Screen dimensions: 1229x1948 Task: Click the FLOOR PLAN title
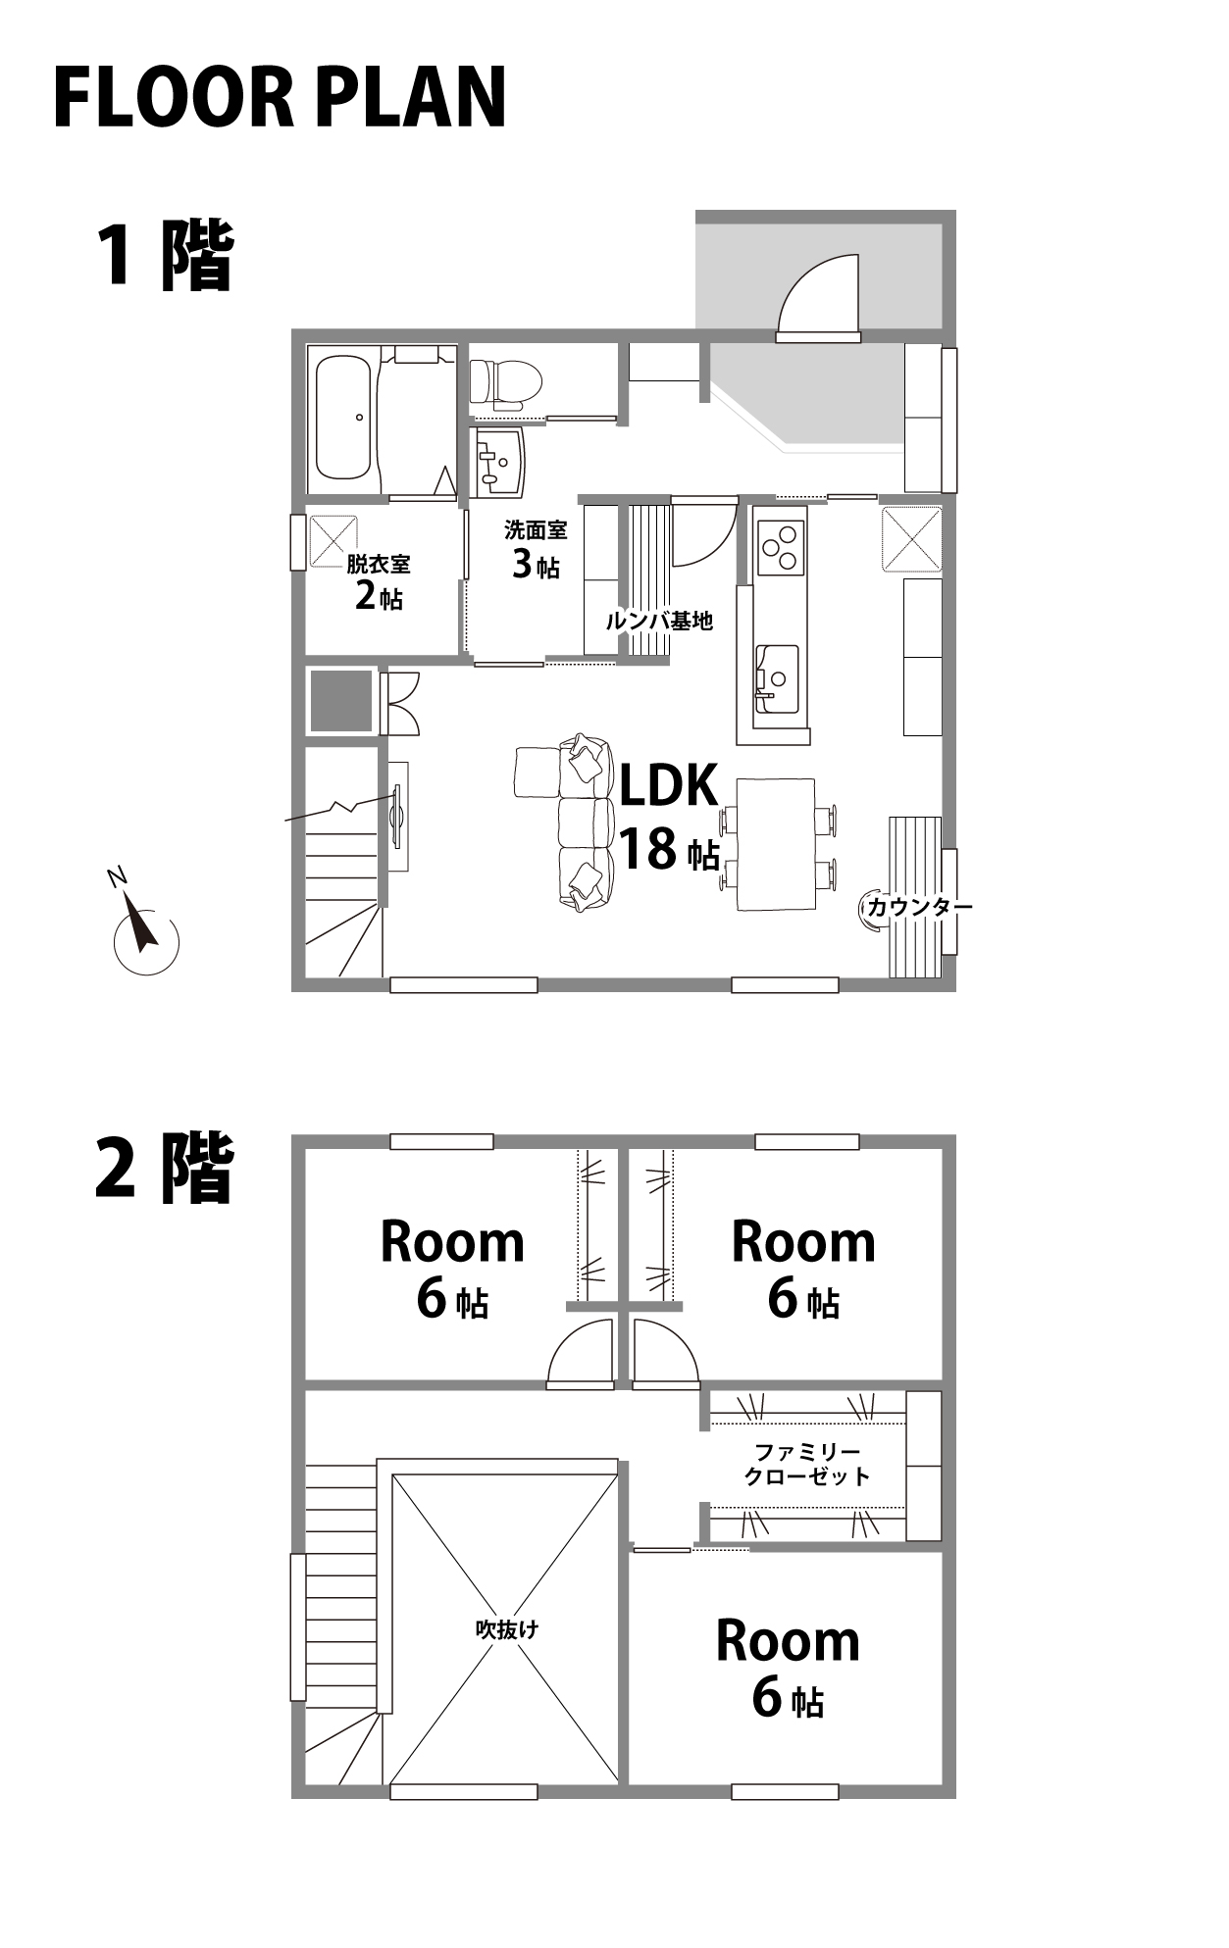[x=280, y=98]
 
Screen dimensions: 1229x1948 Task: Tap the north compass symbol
[x=145, y=931]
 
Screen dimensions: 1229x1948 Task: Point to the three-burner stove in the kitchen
[x=780, y=546]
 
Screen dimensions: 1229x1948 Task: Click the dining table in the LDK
[x=776, y=844]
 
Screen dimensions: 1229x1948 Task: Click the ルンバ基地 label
[x=659, y=621]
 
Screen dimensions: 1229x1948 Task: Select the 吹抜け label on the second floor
[x=506, y=1629]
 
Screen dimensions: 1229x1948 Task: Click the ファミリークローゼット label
[x=807, y=1464]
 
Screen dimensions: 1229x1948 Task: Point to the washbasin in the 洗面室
[x=501, y=461]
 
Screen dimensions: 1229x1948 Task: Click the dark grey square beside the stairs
[x=341, y=701]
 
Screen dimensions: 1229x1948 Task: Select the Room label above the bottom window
[x=788, y=1640]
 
